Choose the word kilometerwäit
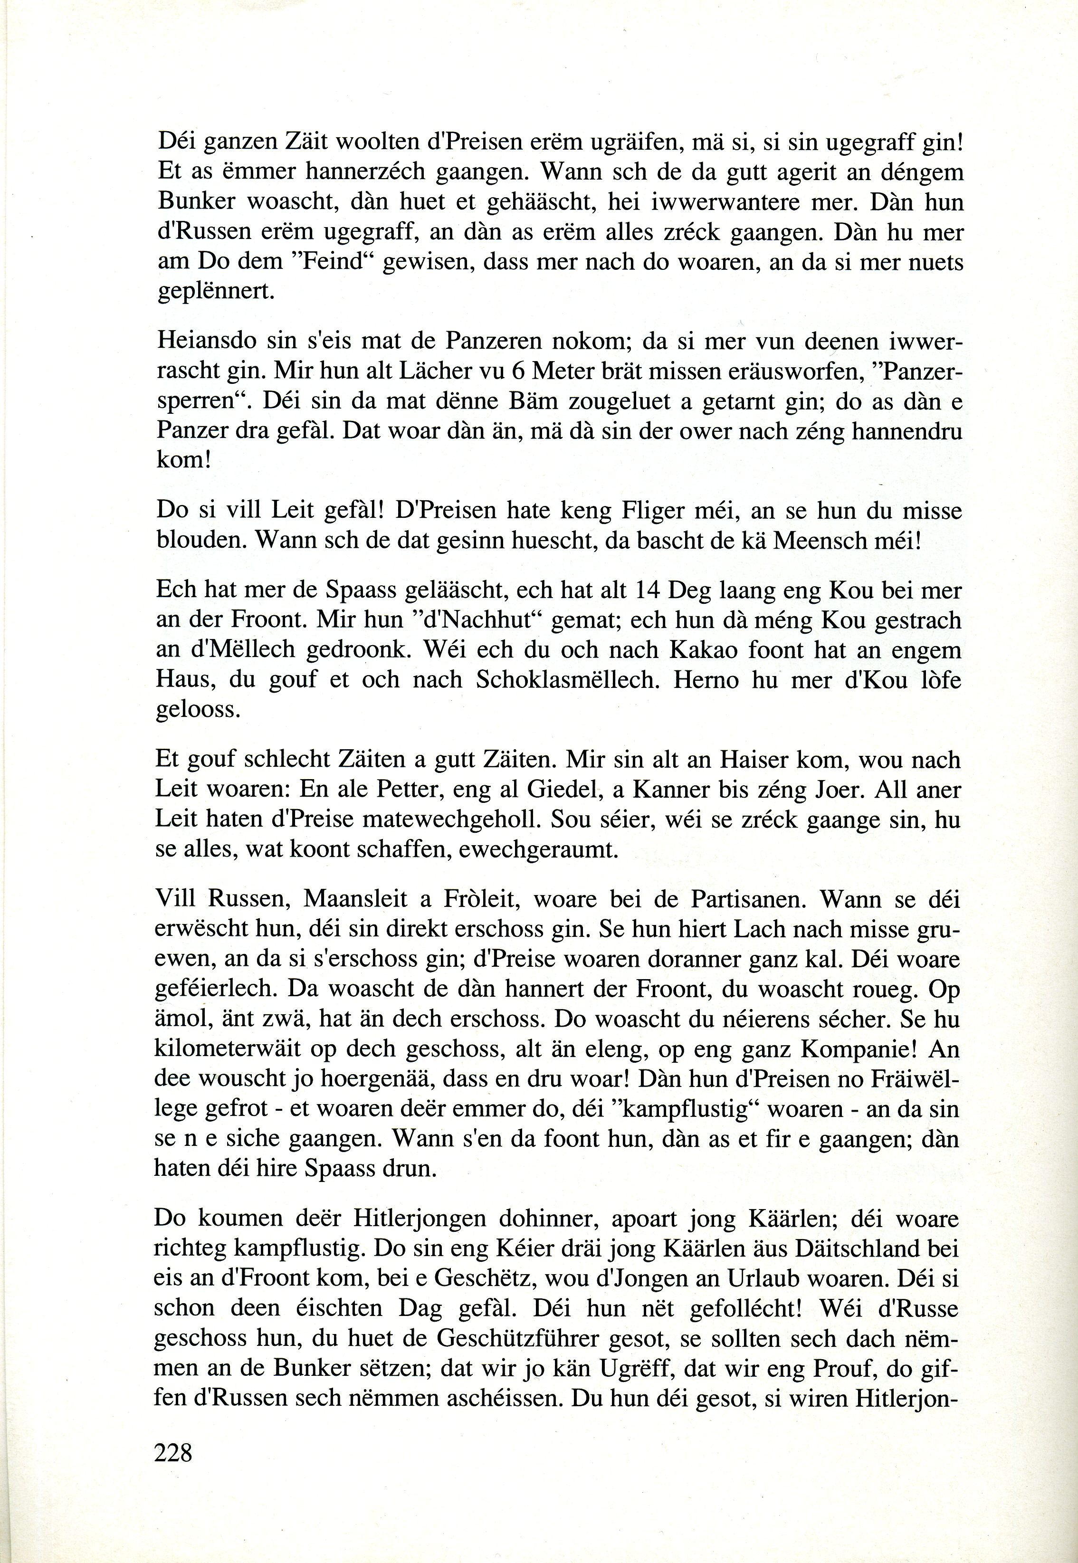click(x=236, y=1049)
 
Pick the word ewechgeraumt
click(x=538, y=849)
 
